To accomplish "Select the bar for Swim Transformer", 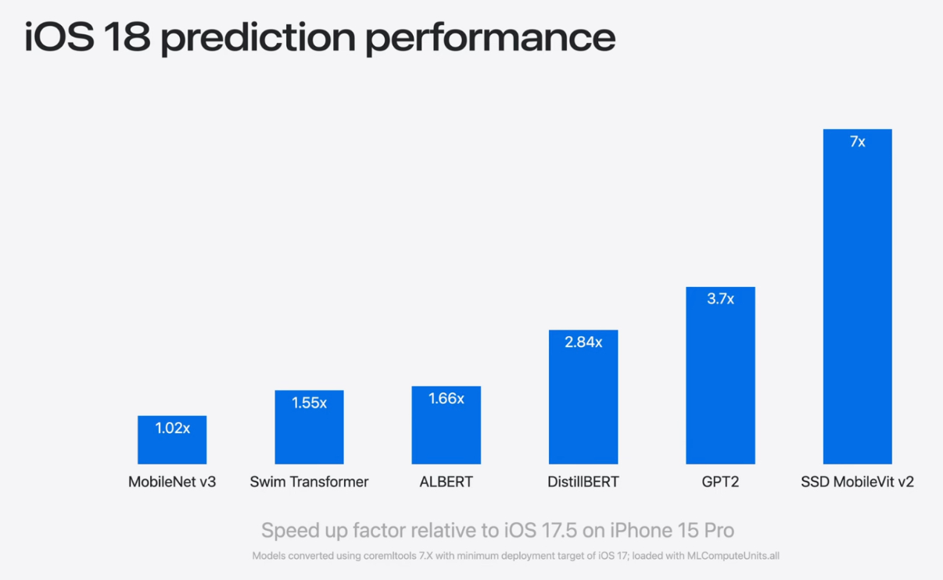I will [x=309, y=435].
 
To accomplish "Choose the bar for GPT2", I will [x=720, y=383].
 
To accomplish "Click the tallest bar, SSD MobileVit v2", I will [x=857, y=305].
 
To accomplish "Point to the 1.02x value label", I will [x=172, y=428].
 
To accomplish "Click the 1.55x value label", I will [x=310, y=403].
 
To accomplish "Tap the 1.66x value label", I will [x=446, y=399].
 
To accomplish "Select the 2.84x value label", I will [x=583, y=342].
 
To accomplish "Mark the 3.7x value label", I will [x=720, y=299].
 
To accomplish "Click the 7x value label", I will [x=857, y=141].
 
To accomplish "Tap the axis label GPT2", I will [x=720, y=482].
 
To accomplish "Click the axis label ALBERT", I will [x=446, y=482].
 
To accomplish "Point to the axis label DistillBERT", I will [x=583, y=482].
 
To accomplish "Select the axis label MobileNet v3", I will [x=172, y=482].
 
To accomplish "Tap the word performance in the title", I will [x=490, y=38].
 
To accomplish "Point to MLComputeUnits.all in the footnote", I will [x=733, y=556].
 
